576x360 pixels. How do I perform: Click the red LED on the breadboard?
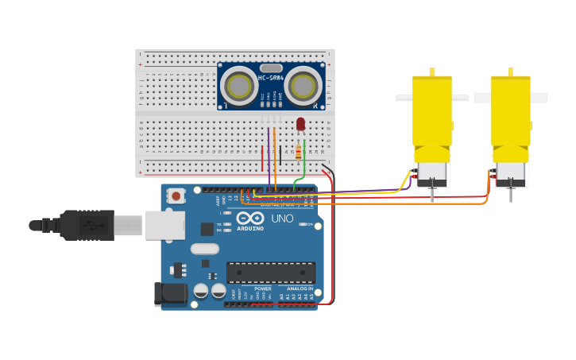[x=300, y=123]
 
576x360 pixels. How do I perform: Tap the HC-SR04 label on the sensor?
[x=271, y=77]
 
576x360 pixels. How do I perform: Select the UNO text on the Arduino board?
[x=283, y=219]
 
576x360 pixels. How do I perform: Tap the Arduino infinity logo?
[x=249, y=219]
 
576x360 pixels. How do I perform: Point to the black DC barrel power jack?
[x=169, y=293]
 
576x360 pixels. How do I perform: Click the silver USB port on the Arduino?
[x=164, y=225]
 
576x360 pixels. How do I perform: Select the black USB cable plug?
[x=87, y=225]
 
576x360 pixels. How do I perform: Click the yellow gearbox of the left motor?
[x=432, y=111]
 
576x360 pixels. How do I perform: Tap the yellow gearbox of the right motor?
[x=510, y=111]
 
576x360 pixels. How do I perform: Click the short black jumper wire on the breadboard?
[x=280, y=155]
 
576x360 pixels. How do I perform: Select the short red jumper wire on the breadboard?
[x=262, y=157]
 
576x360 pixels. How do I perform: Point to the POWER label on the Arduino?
[x=263, y=288]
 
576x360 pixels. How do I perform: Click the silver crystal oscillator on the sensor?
[x=271, y=68]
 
